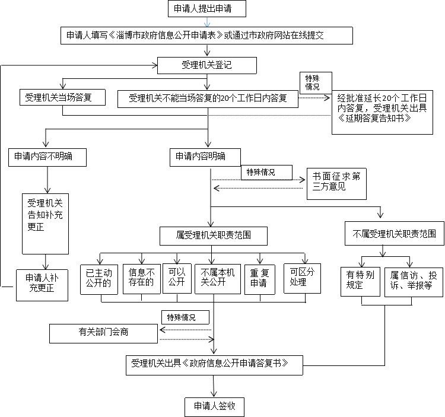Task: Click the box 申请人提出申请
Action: tap(207, 8)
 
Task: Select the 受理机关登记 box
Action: tap(207, 65)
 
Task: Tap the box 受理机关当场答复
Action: tap(62, 97)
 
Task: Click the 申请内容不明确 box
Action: tap(47, 157)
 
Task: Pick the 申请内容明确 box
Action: tap(205, 157)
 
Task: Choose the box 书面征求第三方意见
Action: tap(336, 184)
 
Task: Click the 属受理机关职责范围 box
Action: tap(214, 235)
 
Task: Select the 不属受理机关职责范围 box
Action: tap(395, 234)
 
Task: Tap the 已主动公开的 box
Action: tap(99, 279)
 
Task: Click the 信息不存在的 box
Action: tap(142, 279)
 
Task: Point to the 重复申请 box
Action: tap(260, 279)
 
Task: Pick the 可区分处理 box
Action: tap(302, 278)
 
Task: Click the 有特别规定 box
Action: tap(360, 282)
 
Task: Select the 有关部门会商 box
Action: tap(103, 333)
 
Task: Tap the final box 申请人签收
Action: tap(214, 407)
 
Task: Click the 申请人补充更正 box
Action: tap(42, 285)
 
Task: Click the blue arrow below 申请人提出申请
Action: tap(207, 22)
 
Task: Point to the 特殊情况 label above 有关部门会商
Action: tap(182, 317)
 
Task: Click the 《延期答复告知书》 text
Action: tap(374, 118)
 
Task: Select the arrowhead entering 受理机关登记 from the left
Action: tap(155, 65)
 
